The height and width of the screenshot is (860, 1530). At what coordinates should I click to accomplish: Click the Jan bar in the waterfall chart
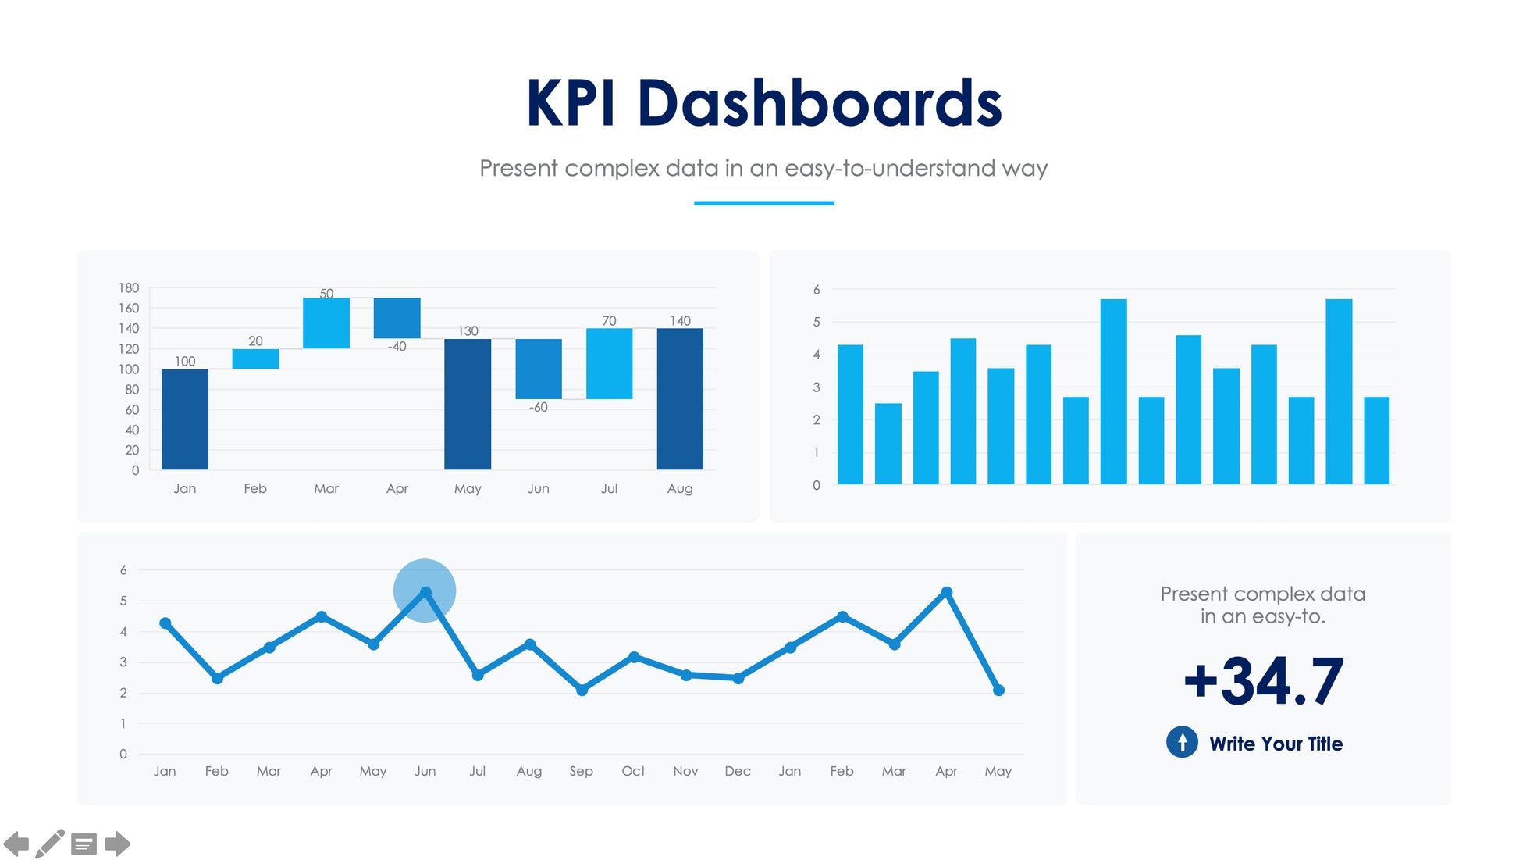pyautogui.click(x=184, y=419)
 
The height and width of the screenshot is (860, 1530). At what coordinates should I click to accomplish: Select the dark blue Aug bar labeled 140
pyautogui.click(x=680, y=399)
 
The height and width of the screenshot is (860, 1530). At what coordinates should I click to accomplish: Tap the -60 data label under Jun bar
pyautogui.click(x=539, y=408)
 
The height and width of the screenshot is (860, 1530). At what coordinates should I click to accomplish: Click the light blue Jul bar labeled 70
pyautogui.click(x=609, y=364)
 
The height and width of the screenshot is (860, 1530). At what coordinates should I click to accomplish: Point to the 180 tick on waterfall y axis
pyautogui.click(x=129, y=288)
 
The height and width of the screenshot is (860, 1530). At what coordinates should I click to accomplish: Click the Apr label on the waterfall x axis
pyautogui.click(x=397, y=489)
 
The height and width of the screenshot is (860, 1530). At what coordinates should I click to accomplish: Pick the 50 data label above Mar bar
pyautogui.click(x=326, y=294)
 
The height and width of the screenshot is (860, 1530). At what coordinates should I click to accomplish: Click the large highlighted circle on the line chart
pyautogui.click(x=425, y=591)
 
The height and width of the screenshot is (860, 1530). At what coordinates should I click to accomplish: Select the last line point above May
pyautogui.click(x=998, y=690)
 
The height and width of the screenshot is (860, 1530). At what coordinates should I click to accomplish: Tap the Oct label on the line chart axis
pyautogui.click(x=633, y=772)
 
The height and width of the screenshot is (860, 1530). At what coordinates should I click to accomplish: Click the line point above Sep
pyautogui.click(x=582, y=690)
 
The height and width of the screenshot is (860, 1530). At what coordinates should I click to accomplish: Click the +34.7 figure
pyautogui.click(x=1263, y=681)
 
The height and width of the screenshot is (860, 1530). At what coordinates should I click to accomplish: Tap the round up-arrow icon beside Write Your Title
pyautogui.click(x=1182, y=742)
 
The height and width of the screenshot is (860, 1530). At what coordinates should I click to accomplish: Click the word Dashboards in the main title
pyautogui.click(x=819, y=103)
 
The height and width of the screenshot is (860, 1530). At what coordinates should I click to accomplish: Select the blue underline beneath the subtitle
pyautogui.click(x=763, y=203)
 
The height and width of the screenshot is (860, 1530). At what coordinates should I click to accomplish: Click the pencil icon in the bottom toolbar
pyautogui.click(x=50, y=844)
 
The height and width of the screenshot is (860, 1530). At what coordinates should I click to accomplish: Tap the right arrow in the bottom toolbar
pyautogui.click(x=117, y=844)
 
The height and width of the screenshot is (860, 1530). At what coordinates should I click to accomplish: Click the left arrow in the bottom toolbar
pyautogui.click(x=16, y=844)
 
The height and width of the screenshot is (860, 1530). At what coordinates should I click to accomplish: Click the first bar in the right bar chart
pyautogui.click(x=850, y=415)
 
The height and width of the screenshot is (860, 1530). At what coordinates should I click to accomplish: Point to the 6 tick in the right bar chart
pyautogui.click(x=817, y=290)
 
